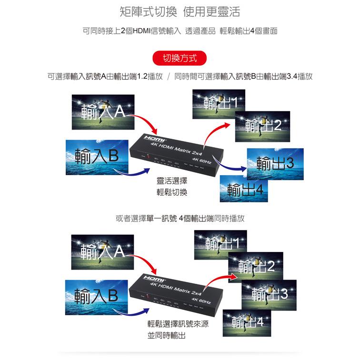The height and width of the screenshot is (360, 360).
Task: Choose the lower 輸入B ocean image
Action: pos(97,296)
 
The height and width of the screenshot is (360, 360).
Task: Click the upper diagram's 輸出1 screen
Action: pos(219,104)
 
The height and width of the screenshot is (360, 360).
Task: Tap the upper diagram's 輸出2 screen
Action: pos(262,126)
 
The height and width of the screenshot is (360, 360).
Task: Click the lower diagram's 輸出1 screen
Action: pos(220,244)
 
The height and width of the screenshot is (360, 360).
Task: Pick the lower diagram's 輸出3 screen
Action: pos(269,294)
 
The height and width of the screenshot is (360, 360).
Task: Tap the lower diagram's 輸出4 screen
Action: pos(246,322)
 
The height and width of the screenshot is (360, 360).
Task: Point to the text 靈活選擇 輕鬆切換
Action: pos(172,187)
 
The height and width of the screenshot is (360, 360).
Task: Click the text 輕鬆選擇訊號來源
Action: pos(177,324)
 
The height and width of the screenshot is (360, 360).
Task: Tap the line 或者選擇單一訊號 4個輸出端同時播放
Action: pos(180,219)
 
